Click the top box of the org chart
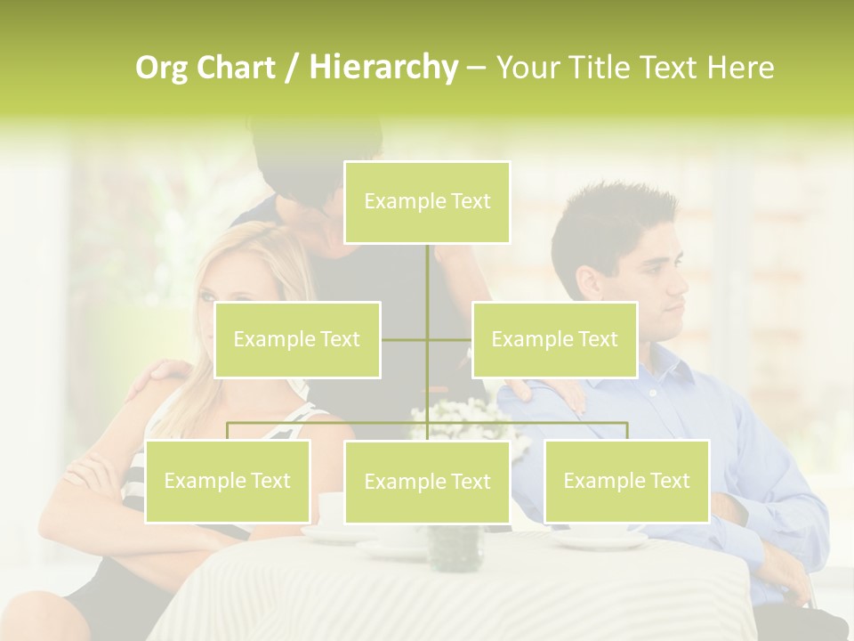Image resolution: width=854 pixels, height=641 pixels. tap(427, 202)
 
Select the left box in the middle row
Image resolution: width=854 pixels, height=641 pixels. tap(297, 339)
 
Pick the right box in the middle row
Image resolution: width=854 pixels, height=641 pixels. tap(554, 339)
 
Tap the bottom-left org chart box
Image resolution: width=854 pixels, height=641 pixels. tap(228, 481)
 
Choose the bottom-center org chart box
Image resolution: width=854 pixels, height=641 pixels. tap(427, 482)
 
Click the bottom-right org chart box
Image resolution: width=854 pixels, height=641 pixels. tap(626, 481)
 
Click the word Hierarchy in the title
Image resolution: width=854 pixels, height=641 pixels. tap(383, 68)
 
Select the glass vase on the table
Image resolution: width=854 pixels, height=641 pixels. tap(455, 547)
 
